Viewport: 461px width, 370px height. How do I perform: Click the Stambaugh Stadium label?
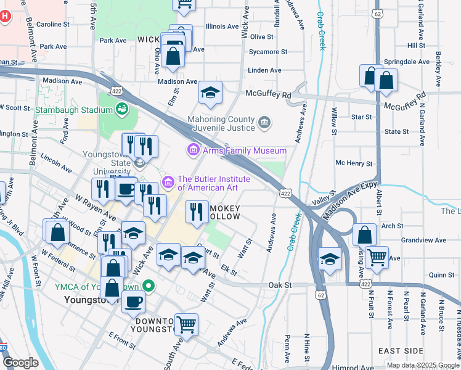[x=73, y=110]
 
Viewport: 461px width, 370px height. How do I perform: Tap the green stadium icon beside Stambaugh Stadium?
[x=123, y=110]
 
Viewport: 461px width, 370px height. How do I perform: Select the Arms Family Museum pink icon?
[x=192, y=150]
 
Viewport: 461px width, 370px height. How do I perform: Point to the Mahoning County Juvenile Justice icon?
[x=264, y=123]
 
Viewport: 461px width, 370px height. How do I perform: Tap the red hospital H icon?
[x=5, y=16]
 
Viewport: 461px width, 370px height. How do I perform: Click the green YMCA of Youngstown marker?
[x=148, y=286]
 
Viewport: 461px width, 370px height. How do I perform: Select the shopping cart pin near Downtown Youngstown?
[x=186, y=324]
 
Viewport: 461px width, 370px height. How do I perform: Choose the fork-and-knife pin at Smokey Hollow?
[x=197, y=212]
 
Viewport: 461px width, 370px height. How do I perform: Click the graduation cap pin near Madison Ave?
[x=210, y=93]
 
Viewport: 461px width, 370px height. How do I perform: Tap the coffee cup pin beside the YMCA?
[x=133, y=302]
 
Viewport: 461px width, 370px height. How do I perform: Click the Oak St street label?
[x=280, y=286]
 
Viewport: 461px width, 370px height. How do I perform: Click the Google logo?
[x=20, y=363]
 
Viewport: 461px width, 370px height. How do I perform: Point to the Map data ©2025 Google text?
[x=423, y=365]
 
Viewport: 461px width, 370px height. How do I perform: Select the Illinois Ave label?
[x=222, y=27]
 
